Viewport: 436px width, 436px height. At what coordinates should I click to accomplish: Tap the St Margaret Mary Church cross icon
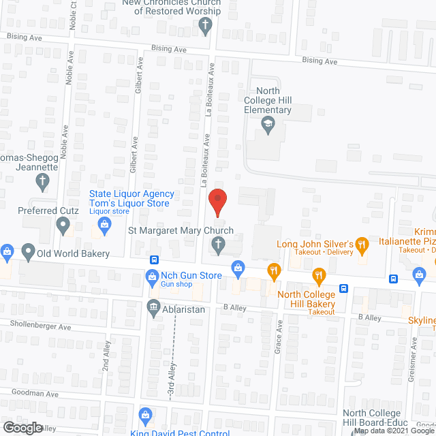218,245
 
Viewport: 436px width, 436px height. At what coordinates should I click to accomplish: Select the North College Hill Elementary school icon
268,125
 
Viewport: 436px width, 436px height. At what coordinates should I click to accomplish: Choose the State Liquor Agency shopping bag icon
105,230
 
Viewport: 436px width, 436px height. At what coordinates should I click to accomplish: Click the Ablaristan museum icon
151,307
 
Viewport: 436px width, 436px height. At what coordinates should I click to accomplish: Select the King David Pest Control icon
145,415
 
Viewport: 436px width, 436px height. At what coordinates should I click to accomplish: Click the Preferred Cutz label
47,211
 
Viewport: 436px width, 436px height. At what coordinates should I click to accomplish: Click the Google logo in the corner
22,427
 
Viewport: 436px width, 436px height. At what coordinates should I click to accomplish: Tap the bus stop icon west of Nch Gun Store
155,260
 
